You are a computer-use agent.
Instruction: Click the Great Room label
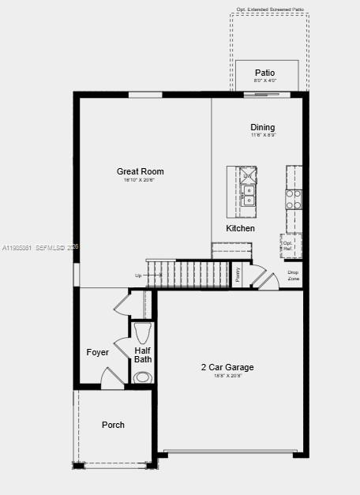tap(140, 171)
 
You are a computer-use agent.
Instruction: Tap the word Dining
tap(263, 127)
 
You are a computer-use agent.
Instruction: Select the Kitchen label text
tap(241, 228)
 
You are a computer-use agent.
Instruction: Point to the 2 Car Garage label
tap(227, 367)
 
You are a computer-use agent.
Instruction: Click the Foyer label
tap(98, 352)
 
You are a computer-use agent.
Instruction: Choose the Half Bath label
tap(143, 355)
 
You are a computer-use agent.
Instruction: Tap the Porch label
tap(113, 425)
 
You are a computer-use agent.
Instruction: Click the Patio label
tap(265, 73)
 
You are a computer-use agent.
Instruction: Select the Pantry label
tap(237, 275)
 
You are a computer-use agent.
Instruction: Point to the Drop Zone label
tap(293, 276)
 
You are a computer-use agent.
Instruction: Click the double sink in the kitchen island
tap(249, 195)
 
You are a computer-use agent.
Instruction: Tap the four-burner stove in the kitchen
tap(293, 199)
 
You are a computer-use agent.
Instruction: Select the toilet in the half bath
tap(143, 332)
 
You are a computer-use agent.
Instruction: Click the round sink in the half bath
tap(143, 377)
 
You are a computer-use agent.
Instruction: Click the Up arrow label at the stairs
tap(139, 276)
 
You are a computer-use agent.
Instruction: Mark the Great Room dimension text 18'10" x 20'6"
tap(140, 180)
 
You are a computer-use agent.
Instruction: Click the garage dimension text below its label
tap(227, 376)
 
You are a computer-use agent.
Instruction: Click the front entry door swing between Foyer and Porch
tap(112, 379)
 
